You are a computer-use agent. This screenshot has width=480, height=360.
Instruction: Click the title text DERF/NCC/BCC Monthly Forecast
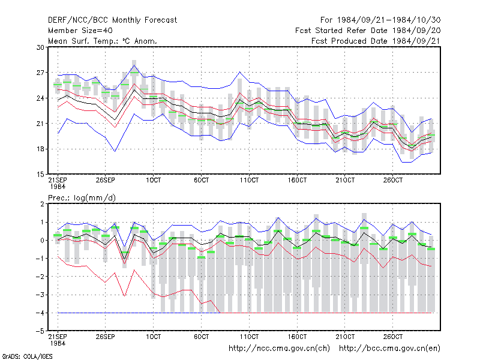[x=112, y=20]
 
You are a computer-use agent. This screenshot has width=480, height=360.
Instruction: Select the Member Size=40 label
[x=80, y=31]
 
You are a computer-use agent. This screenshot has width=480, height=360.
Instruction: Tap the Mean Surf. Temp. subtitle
[x=102, y=41]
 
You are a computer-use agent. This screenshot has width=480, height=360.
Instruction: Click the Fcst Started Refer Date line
[x=368, y=31]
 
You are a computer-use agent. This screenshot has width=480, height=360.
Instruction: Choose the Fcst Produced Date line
[x=376, y=41]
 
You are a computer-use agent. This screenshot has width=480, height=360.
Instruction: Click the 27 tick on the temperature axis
[x=40, y=73]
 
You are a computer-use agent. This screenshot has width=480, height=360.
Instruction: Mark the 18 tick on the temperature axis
[x=40, y=149]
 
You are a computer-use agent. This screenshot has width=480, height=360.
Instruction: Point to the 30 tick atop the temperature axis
[x=40, y=47]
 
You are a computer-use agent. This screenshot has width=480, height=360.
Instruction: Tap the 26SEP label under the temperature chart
[x=106, y=180]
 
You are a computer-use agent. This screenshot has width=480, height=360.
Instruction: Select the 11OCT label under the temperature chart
[x=249, y=180]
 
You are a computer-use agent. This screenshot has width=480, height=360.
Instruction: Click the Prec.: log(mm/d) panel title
[x=82, y=198]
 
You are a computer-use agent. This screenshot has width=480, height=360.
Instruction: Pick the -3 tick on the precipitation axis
[x=40, y=295]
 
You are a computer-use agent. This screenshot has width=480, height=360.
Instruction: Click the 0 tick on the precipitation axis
[x=42, y=241]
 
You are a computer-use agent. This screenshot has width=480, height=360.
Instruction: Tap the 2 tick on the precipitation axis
[x=42, y=204]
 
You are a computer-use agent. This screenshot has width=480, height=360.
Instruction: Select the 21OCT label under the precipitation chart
[x=345, y=337]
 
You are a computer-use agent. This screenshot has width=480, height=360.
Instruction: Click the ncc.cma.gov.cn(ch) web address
[x=280, y=349]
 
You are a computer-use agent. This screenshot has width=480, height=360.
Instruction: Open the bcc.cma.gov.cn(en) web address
[x=389, y=349]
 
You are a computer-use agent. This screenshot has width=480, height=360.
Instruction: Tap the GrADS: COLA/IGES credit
[x=27, y=356]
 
